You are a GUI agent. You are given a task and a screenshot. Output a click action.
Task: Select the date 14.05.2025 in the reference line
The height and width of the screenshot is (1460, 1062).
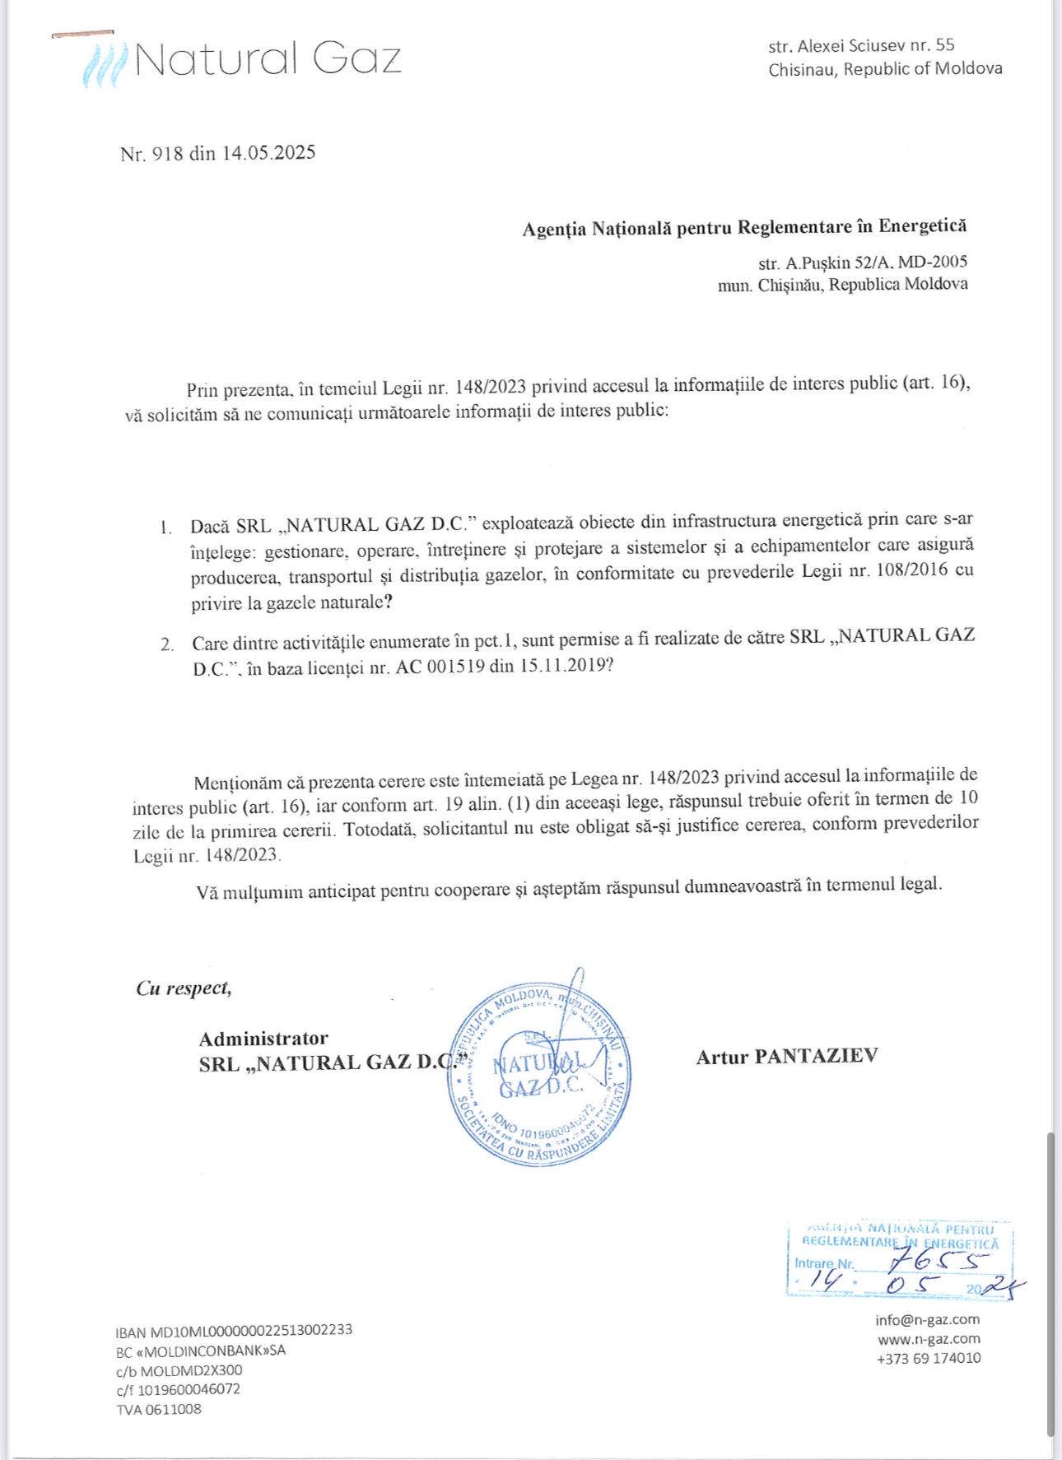coord(268,153)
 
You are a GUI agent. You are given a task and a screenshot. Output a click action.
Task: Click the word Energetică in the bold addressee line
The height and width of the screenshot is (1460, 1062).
coord(922,226)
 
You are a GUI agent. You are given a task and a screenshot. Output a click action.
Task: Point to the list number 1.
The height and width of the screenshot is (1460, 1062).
coord(165,527)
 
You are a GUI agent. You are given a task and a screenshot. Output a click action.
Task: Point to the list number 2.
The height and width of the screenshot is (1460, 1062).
coord(167,644)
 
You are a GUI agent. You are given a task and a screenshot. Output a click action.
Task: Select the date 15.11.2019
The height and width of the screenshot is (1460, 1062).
coord(563,665)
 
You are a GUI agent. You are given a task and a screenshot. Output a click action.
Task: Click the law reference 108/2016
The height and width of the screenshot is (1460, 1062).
coord(908,570)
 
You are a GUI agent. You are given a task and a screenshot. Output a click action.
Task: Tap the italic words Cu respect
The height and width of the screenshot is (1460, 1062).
coord(184,988)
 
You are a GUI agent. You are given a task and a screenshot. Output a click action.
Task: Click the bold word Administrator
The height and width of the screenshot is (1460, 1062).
coord(263,1039)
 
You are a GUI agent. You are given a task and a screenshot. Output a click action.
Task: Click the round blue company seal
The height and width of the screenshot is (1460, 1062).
coord(539,1075)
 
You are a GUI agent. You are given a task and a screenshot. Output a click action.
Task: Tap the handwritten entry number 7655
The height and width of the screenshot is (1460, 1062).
coord(939,1259)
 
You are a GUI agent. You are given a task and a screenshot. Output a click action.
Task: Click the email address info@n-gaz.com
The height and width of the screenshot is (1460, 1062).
coord(927,1319)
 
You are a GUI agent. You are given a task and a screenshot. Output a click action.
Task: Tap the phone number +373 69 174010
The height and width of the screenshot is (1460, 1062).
coord(929,1358)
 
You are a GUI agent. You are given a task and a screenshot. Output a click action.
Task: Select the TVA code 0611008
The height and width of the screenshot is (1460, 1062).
coord(173,1409)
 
